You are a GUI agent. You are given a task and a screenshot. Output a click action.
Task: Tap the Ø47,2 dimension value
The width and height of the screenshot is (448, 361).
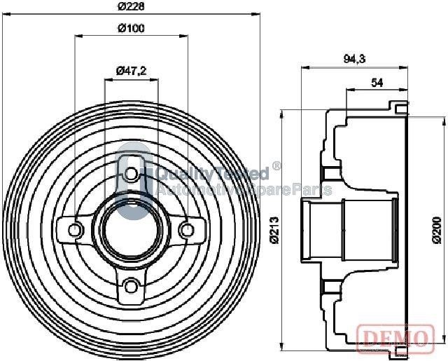pyautogui.click(x=130, y=70)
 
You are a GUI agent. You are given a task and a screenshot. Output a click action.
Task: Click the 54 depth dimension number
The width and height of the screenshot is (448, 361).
pyautogui.click(x=377, y=83)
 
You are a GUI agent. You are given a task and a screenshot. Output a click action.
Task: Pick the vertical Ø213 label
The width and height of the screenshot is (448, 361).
pyautogui.click(x=276, y=229)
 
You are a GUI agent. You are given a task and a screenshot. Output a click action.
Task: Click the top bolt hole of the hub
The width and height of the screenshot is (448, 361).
pyautogui.click(x=131, y=172)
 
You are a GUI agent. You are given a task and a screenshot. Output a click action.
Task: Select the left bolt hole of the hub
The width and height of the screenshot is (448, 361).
pyautogui.click(x=76, y=229)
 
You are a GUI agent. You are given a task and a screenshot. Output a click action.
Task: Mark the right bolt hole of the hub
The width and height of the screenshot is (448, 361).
pyautogui.click(x=186, y=229)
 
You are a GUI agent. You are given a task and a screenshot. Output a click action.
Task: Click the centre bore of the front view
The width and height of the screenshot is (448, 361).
pyautogui.click(x=131, y=229)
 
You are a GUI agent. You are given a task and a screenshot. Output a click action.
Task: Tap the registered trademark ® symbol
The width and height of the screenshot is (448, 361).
pyautogui.click(x=276, y=166)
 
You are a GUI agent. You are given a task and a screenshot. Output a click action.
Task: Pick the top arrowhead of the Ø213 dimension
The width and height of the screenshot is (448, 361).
pyautogui.click(x=283, y=112)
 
